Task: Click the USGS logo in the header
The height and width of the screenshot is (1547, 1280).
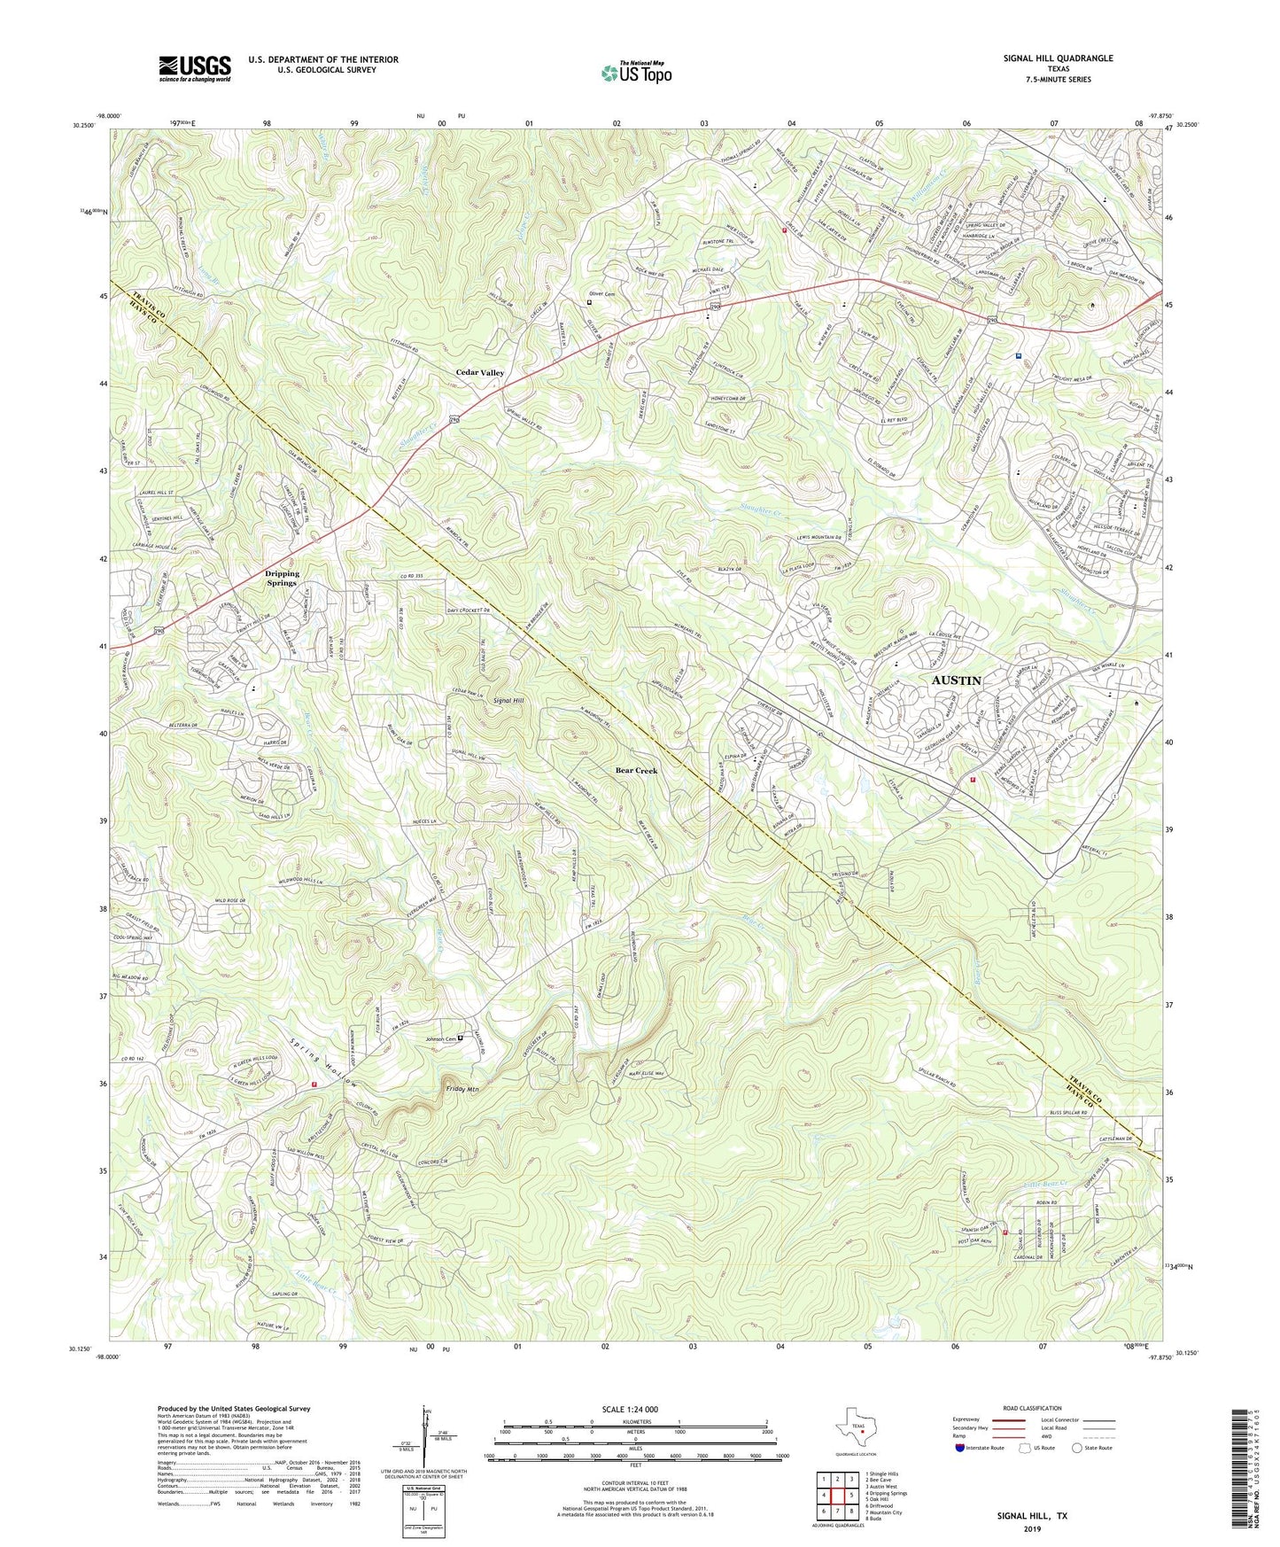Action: [195, 67]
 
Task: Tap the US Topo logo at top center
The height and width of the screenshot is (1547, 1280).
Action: [634, 73]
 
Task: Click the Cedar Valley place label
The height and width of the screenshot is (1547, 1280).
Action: [480, 373]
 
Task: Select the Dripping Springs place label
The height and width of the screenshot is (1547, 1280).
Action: [282, 578]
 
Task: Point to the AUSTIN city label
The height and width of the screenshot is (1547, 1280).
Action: [956, 680]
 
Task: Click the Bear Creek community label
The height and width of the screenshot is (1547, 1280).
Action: [636, 771]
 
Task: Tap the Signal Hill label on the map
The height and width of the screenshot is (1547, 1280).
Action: [508, 700]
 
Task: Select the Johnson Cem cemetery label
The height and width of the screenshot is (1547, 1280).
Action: [440, 1038]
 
